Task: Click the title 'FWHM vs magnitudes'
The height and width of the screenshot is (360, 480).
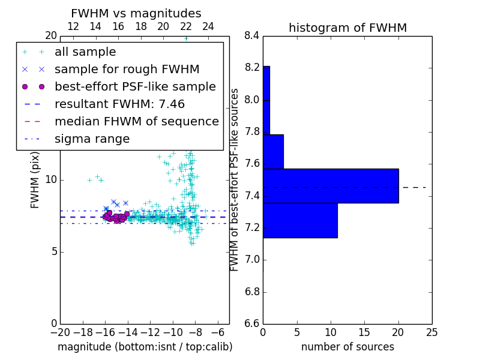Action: [x=136, y=14]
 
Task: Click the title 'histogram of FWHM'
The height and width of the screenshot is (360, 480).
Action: [x=347, y=28]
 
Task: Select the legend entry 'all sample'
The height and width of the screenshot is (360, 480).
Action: [x=85, y=52]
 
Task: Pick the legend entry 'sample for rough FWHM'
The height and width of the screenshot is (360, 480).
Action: [x=127, y=70]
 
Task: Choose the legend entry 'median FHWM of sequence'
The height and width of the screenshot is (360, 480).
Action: [x=136, y=122]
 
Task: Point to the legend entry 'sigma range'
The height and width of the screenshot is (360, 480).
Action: [x=92, y=139]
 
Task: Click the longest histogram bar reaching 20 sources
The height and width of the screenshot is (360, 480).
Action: [x=331, y=185]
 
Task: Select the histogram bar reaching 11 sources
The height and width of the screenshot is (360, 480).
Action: [x=300, y=220]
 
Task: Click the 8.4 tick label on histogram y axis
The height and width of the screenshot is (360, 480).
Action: [x=251, y=35]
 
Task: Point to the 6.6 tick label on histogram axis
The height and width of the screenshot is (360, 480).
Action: [x=251, y=324]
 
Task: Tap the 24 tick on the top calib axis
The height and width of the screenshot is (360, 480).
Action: [x=208, y=26]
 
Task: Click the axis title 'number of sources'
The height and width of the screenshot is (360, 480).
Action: [x=347, y=347]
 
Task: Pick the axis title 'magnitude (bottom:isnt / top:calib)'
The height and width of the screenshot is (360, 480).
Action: [x=145, y=347]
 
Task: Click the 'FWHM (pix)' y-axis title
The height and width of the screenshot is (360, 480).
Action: [x=35, y=179]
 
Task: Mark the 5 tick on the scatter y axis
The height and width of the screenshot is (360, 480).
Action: [x=53, y=252]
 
